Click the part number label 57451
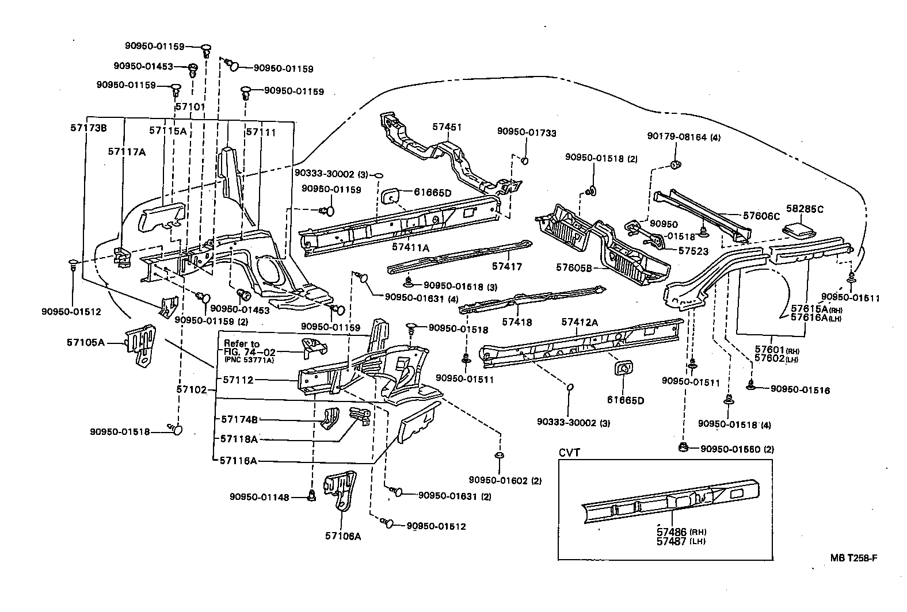click(x=448, y=128)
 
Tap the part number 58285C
click(x=805, y=209)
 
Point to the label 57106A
click(x=343, y=536)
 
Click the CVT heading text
click(x=569, y=453)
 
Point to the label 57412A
click(x=580, y=323)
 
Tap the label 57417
click(x=507, y=266)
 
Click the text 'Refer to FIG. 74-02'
click(x=242, y=348)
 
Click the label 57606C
click(x=761, y=216)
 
